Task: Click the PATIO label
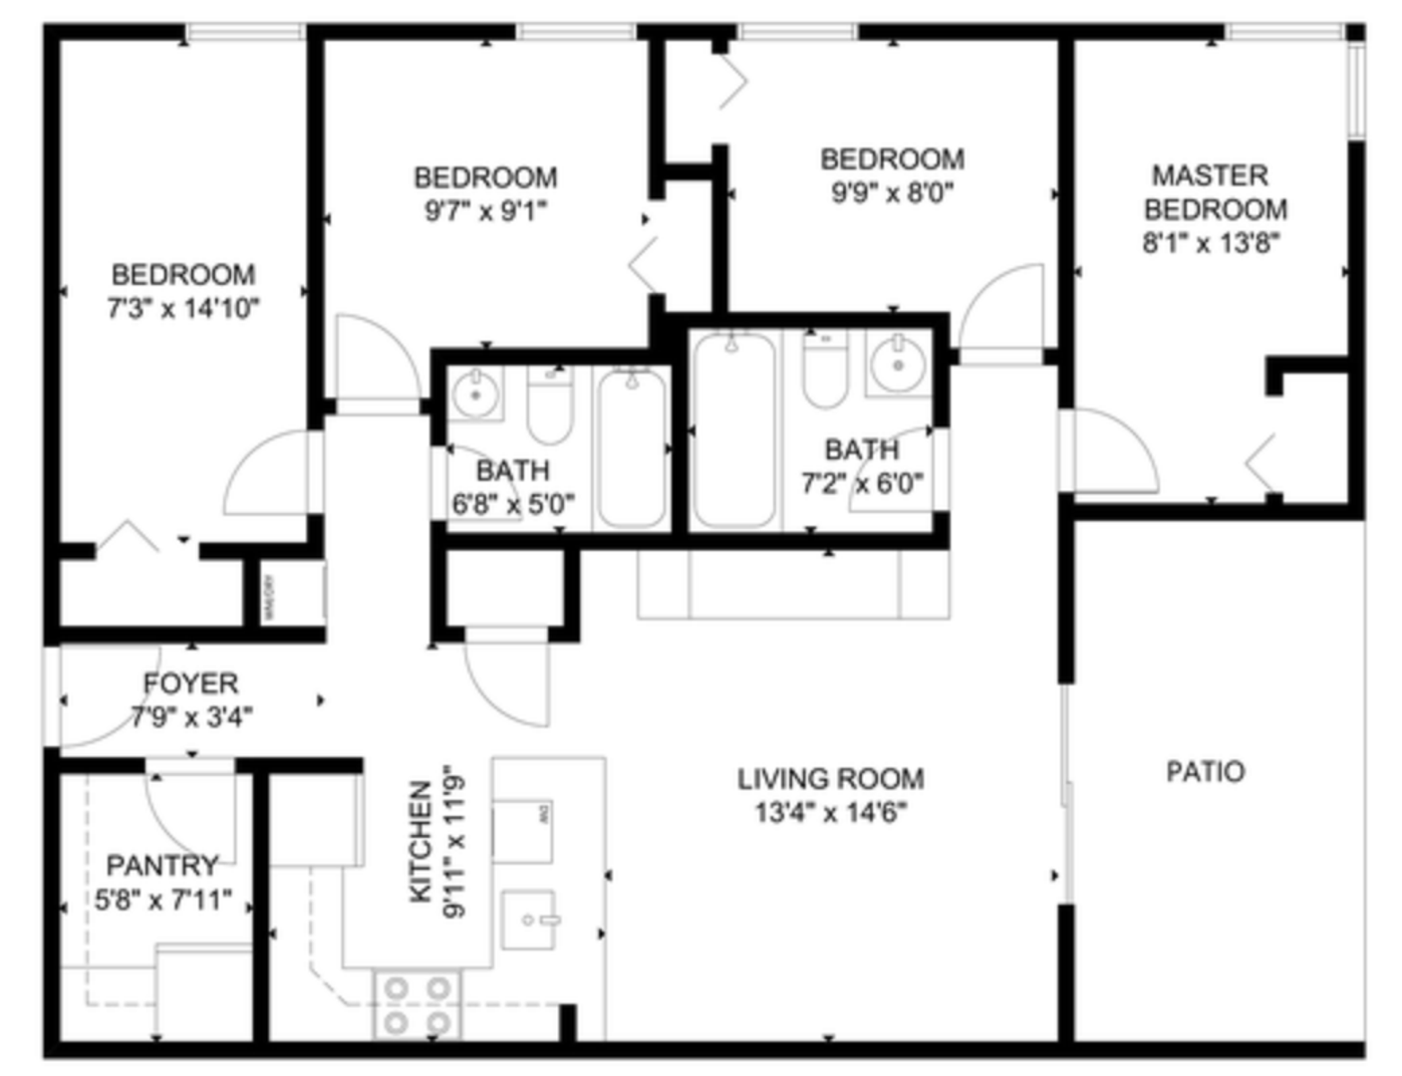[x=1205, y=771]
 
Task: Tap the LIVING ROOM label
[x=830, y=778]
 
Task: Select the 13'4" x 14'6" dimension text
[x=830, y=812]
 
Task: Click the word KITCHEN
[x=421, y=842]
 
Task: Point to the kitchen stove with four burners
[x=418, y=1004]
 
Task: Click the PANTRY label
[x=162, y=865]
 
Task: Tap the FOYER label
[x=190, y=683]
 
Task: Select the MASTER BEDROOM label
[x=1214, y=192]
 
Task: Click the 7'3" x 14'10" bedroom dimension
[x=183, y=308]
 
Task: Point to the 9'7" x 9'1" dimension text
[x=485, y=211]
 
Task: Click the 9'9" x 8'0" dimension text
[x=892, y=191]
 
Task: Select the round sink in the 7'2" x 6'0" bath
[x=898, y=365]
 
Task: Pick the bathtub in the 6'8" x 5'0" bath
[x=631, y=448]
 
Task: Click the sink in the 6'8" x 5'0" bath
[x=475, y=395]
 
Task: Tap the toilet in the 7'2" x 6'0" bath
[x=825, y=372]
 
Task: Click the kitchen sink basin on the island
[x=527, y=920]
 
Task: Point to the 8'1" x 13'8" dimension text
[x=1211, y=242]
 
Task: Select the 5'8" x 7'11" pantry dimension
[x=163, y=901]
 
